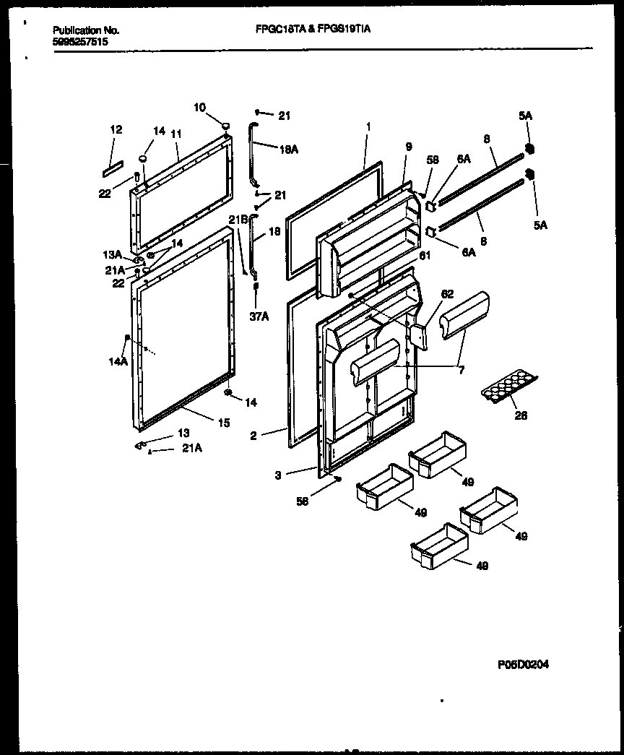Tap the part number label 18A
click(x=287, y=149)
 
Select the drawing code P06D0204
click(x=523, y=665)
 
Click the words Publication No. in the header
click(x=86, y=30)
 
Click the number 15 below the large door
click(x=224, y=423)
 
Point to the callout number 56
click(x=302, y=501)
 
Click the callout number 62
click(x=447, y=294)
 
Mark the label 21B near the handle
click(x=238, y=219)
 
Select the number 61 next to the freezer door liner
click(x=425, y=255)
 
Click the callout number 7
click(x=461, y=369)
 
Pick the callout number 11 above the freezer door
click(x=176, y=134)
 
